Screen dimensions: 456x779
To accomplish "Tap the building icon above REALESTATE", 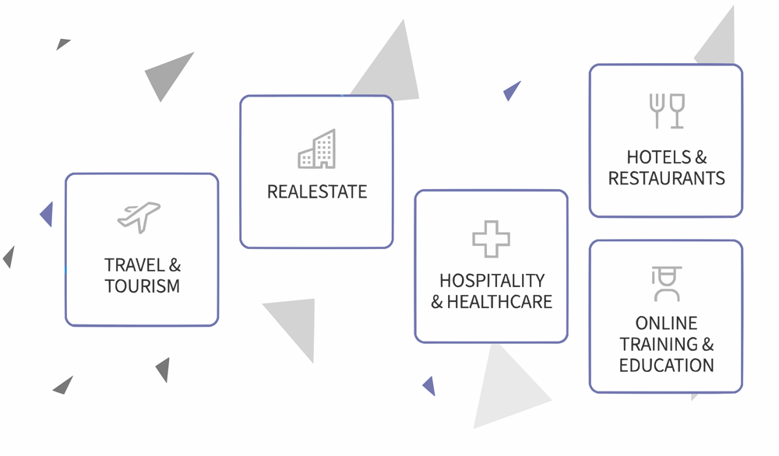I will coord(317,149).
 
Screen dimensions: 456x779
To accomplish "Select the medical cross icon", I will coord(491,239).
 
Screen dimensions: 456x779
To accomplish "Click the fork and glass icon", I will coord(666,110).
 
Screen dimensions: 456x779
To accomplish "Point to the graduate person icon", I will coord(666,284).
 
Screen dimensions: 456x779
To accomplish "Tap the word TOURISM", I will coord(142,286).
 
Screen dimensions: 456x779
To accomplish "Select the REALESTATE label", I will coord(316,191).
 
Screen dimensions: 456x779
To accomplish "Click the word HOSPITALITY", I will coord(492,280).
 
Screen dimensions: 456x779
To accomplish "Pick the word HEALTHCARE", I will coord(499,302).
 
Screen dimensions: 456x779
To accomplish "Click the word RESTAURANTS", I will coord(666,178).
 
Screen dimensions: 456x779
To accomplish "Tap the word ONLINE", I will coord(666,323).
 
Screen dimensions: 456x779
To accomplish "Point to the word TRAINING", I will coord(657,344).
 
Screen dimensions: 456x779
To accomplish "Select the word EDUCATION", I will coord(666,365).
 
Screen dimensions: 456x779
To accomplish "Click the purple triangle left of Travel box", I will coord(48,214).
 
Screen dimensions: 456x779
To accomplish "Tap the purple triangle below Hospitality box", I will coord(429,385).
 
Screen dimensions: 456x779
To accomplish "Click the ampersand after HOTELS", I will coord(704,157).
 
